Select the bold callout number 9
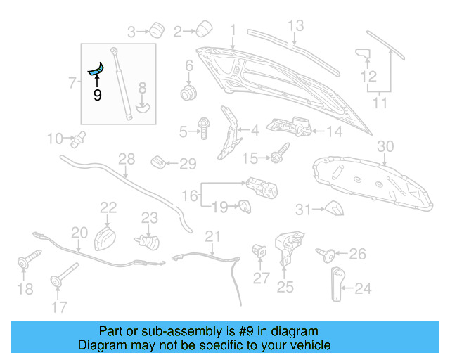tap(97, 94)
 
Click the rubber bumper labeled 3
tap(154, 30)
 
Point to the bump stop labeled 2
tap(204, 29)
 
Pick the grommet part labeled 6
tap(188, 92)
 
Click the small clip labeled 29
tap(160, 164)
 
